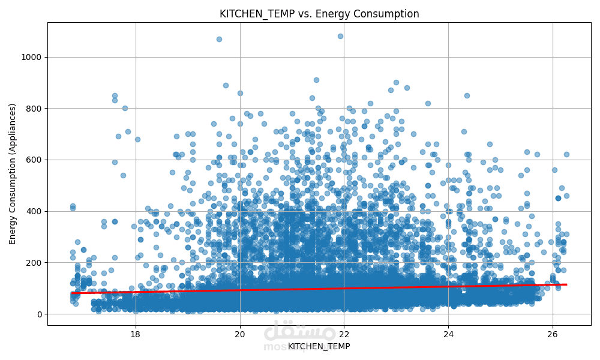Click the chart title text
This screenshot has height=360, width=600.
[x=319, y=14]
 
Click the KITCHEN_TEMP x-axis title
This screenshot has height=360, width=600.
[x=319, y=346]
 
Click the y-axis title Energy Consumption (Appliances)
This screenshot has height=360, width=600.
[x=13, y=173]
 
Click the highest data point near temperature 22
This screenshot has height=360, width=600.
[x=340, y=36]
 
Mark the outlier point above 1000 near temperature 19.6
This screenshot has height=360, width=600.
[x=219, y=39]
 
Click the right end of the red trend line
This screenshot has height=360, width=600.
[x=566, y=284]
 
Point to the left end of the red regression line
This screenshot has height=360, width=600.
[x=73, y=293]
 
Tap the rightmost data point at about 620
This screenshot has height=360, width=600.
[x=566, y=154]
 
